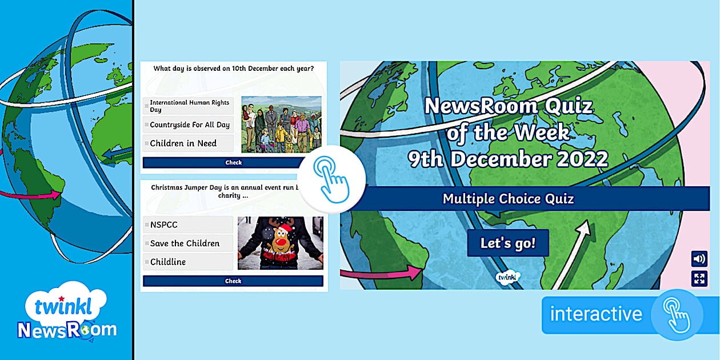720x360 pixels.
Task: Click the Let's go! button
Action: click(508, 243)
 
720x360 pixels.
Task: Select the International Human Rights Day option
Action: click(189, 106)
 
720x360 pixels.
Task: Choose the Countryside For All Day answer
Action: click(189, 125)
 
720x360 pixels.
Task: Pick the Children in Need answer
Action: click(189, 143)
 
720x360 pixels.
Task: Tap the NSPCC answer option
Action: click(189, 225)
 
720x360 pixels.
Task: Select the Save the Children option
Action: click(189, 243)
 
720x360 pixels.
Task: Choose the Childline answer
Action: click(189, 262)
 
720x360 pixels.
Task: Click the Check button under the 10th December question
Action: click(225, 162)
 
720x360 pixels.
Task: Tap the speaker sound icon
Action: click(699, 259)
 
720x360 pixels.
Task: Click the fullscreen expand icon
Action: click(699, 278)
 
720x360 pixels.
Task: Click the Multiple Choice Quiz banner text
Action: click(508, 199)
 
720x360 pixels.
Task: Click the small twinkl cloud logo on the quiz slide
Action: click(507, 277)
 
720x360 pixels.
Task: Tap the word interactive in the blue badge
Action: click(596, 314)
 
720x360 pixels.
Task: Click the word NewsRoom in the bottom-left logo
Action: click(67, 330)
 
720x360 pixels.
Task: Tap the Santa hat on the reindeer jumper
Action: click(285, 229)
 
